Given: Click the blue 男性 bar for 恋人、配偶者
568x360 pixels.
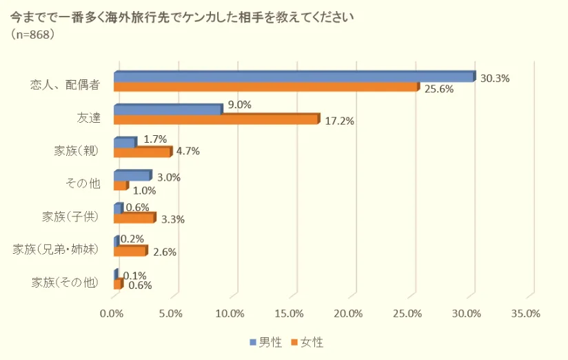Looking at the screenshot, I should pos(294,77).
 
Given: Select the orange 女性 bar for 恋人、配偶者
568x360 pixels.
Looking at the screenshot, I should pos(265,87).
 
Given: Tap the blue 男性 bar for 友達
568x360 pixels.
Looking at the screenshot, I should pos(168,109).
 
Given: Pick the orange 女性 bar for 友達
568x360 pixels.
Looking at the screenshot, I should pos(216,119).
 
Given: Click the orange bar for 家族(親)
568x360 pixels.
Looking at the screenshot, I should pos(141,152).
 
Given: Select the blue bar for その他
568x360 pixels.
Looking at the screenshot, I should pos(131,175).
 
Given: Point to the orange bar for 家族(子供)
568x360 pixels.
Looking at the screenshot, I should pos(134,218).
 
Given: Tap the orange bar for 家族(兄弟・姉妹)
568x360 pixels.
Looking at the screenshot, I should pos(130,251).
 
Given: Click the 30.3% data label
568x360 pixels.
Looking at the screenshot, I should pos(494,79).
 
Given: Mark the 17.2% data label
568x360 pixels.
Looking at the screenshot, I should pos(339,121).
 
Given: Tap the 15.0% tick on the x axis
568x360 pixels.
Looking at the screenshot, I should pos(289,314).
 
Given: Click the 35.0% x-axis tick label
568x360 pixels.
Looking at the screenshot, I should pos(526,314).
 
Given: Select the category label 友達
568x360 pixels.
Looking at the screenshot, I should pos(89,117).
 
